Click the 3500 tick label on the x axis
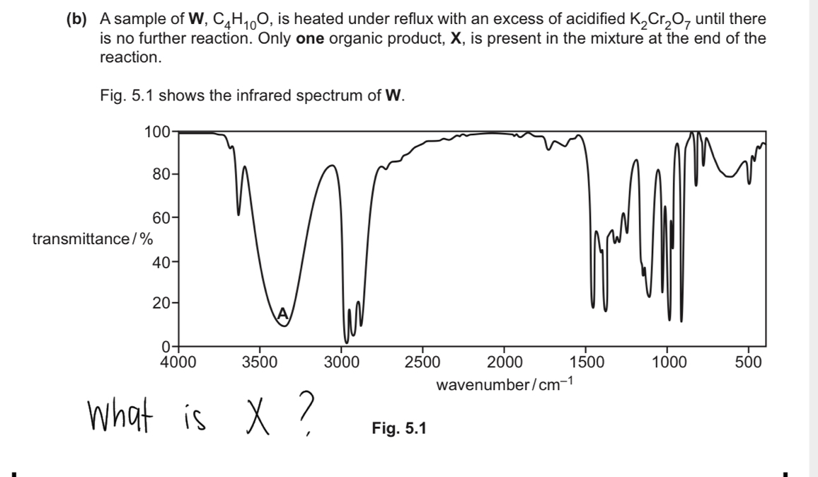pyautogui.click(x=260, y=364)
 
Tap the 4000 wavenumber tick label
pyautogui.click(x=179, y=364)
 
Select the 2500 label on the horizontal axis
pyautogui.click(x=422, y=364)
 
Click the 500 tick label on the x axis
pyautogui.click(x=748, y=364)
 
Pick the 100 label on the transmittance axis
pyautogui.click(x=156, y=132)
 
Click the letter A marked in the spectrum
pyautogui.click(x=282, y=312)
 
